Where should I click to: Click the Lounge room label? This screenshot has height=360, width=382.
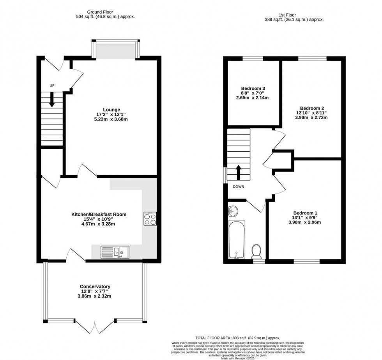coord(111,110)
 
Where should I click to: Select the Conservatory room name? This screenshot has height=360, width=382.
coord(95,286)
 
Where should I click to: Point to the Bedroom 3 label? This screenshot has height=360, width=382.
coord(253,89)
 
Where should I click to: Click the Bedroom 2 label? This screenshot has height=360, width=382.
coord(312,108)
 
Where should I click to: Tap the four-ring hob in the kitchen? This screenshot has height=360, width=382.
coord(150,219)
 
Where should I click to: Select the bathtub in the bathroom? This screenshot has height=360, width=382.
coord(237,240)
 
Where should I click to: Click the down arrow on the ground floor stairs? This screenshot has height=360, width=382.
coord(51,100)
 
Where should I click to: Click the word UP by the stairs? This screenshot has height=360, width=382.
coord(52,85)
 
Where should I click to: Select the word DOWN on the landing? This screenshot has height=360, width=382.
coord(239,186)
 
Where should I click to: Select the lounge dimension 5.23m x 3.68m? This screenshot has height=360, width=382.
coord(111,119)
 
